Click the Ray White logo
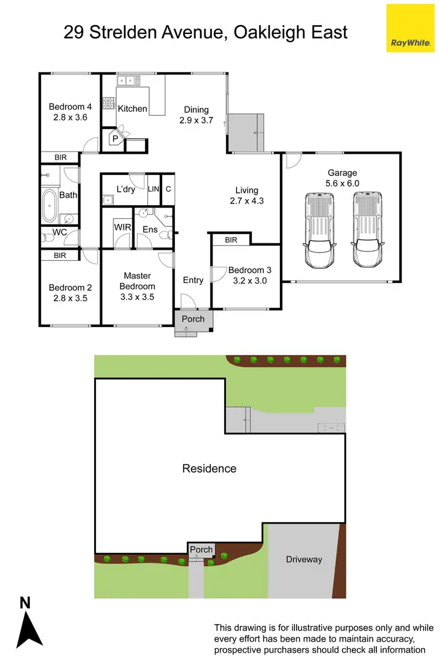410,27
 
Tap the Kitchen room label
132,109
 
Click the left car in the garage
320,230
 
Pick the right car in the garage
367,230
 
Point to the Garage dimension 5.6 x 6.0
342,183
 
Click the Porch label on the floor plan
193,319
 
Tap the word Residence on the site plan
209,468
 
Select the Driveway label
304,559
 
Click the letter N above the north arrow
25,602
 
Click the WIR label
122,226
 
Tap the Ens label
150,229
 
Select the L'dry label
126,190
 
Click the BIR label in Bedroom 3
231,240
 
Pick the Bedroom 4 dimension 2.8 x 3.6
70,117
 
